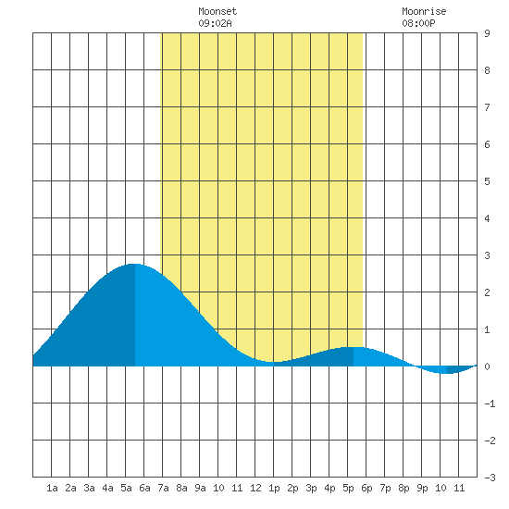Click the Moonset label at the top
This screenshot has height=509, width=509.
217,11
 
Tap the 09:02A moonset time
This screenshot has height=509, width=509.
215,23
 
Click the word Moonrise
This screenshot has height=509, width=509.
424,11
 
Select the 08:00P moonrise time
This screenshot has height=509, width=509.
418,23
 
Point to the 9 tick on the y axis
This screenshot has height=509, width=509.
487,33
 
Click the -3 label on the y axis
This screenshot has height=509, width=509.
490,478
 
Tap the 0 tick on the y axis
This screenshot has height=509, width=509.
487,366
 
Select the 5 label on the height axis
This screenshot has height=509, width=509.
487,181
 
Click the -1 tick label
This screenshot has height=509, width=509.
490,403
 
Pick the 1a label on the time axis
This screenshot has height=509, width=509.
52,488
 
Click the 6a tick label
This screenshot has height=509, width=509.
144,488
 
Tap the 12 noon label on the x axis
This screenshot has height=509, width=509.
255,488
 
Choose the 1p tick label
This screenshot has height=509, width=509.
274,488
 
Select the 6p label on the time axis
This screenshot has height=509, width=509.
366,488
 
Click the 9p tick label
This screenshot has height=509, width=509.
422,488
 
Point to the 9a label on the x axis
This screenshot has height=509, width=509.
200,488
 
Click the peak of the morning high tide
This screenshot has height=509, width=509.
135,264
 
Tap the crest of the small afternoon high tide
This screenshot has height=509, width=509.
354,347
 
